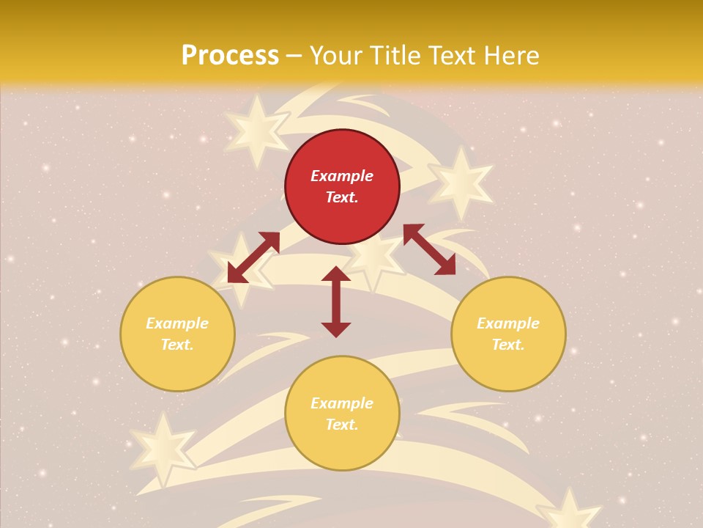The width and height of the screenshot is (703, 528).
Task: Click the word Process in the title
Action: click(x=230, y=56)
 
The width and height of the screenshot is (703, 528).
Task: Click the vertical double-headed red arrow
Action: click(x=336, y=302)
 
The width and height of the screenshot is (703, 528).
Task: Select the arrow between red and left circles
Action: click(x=253, y=257)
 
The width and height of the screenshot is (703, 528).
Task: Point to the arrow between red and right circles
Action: click(x=429, y=249)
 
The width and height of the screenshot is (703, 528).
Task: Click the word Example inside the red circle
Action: click(x=342, y=176)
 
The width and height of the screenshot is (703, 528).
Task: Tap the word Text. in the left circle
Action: click(x=177, y=345)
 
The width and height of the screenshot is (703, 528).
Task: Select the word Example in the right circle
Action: click(x=508, y=323)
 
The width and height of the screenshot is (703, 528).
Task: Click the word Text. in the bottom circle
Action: click(x=342, y=425)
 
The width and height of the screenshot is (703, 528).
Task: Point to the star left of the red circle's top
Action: click(x=256, y=131)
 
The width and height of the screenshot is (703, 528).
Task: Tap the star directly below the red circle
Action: click(x=374, y=257)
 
